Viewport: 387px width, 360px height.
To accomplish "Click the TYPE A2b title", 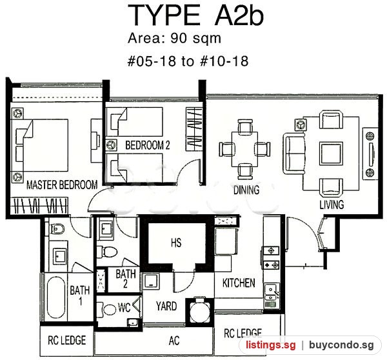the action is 195,15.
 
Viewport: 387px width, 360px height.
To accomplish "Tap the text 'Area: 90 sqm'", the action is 174,39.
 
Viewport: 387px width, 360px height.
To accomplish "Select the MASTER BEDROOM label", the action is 62,185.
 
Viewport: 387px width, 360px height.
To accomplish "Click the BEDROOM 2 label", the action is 148,145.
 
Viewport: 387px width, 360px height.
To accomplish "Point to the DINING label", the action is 246,190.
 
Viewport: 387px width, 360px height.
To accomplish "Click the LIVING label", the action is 332,205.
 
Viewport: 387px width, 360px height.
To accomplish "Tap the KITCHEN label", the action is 239,283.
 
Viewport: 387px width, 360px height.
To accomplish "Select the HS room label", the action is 176,243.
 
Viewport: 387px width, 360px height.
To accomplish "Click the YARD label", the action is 166,306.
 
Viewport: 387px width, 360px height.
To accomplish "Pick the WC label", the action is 124,307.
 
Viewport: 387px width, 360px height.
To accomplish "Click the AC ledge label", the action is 174,341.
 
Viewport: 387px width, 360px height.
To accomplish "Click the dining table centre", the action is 244,149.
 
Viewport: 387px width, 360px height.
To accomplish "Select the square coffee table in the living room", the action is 332,154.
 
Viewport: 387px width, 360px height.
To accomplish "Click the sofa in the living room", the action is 294,154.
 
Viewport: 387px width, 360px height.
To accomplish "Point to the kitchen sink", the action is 271,292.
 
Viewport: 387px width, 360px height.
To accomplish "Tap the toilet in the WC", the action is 106,309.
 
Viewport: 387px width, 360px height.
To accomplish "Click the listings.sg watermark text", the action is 270,345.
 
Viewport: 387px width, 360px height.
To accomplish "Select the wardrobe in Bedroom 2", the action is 194,128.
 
